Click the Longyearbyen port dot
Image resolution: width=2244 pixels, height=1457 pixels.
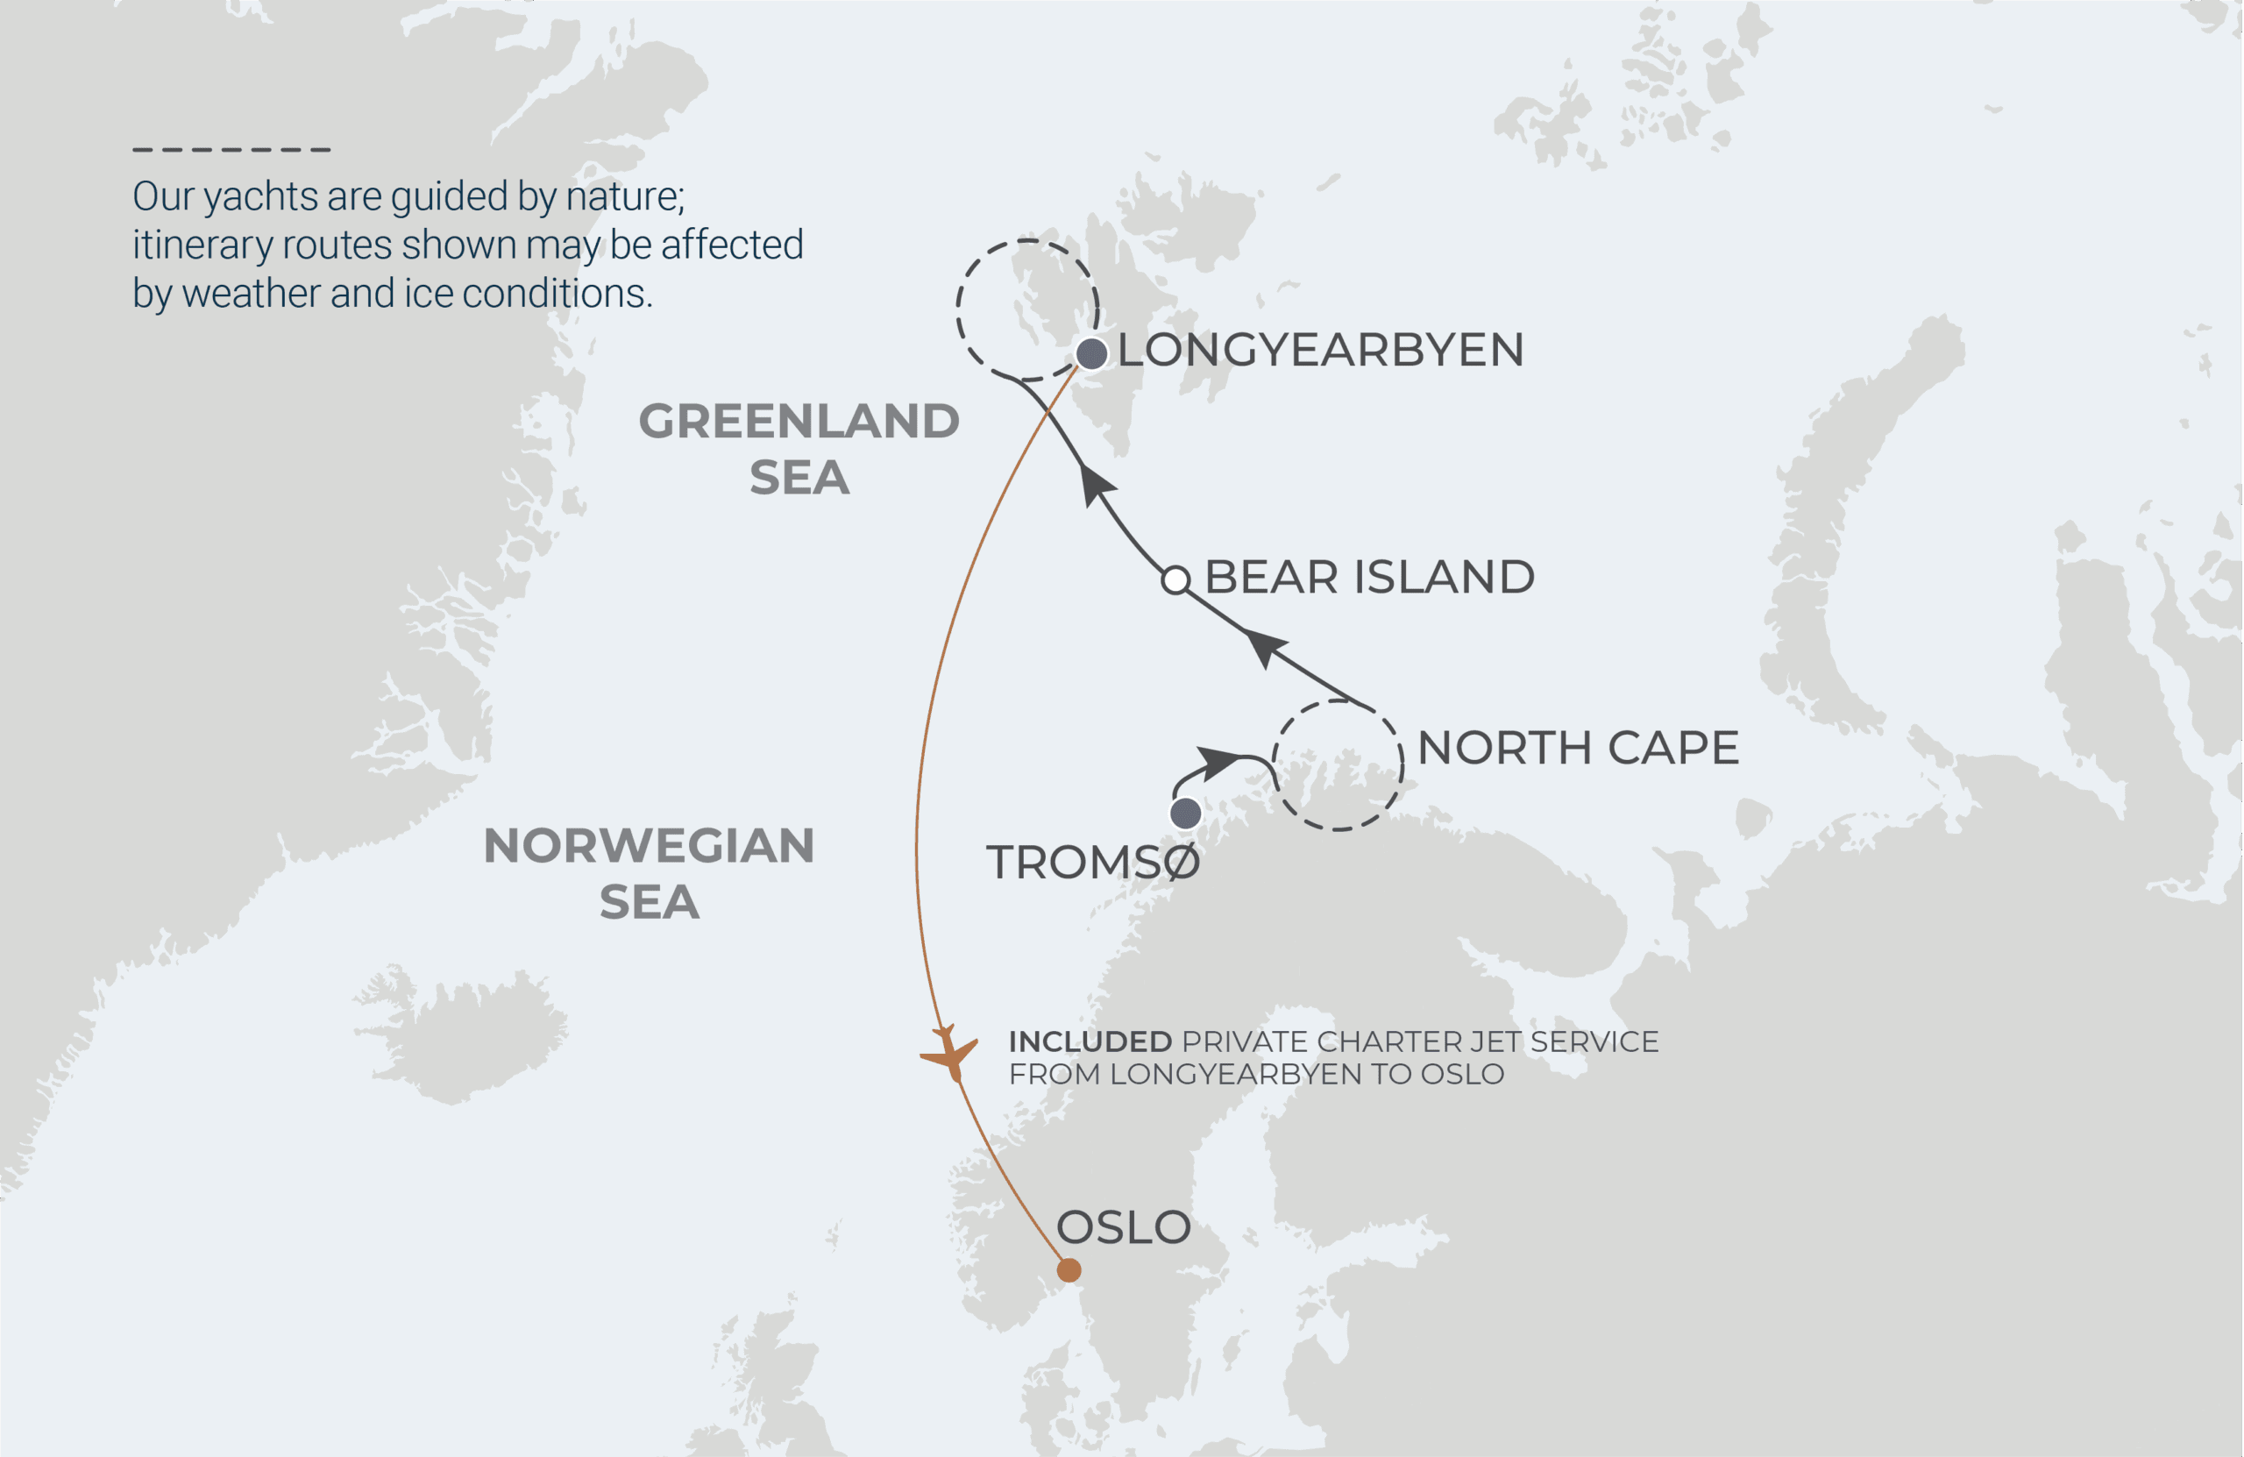tap(1091, 353)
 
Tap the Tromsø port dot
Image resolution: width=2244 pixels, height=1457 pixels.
tap(1185, 813)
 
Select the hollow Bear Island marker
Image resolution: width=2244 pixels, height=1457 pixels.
tap(1175, 580)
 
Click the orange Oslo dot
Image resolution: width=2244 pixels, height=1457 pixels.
tap(1069, 1270)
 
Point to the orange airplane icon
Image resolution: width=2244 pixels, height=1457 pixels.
tap(949, 1053)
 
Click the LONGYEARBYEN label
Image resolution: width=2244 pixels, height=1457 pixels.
tap(1320, 350)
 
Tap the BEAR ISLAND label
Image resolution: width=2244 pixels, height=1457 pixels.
tap(1369, 577)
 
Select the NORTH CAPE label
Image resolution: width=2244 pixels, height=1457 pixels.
tap(1578, 748)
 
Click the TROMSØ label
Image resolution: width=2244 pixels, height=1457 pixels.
tap(1093, 862)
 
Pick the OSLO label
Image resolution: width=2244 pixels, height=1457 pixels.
tap(1123, 1227)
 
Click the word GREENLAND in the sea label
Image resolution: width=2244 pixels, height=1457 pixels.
tap(799, 421)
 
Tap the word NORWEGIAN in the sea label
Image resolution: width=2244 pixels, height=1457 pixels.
tap(649, 845)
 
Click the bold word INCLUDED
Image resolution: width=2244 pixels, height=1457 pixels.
tap(1090, 1041)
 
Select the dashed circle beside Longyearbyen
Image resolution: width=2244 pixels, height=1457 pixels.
tap(958, 311)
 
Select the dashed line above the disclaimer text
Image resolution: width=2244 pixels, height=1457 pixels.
tap(231, 149)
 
